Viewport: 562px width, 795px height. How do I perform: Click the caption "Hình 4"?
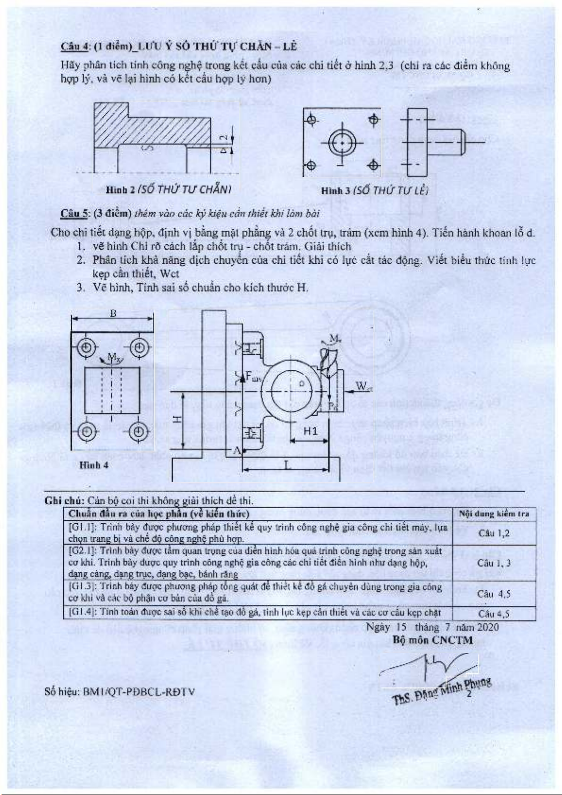[94, 465]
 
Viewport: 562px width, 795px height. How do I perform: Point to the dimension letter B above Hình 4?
[113, 314]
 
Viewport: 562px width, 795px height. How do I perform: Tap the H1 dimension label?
[310, 431]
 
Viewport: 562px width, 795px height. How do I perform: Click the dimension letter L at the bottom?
[287, 465]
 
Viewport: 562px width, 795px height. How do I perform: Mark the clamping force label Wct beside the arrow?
[363, 386]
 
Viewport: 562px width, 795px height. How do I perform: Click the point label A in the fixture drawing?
[237, 451]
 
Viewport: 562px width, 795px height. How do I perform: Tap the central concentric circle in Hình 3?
[342, 143]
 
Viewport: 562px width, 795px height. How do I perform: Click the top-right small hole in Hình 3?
[373, 119]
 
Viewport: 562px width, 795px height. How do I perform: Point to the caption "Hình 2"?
[119, 190]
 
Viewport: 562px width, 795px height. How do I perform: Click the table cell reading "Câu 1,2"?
[494, 533]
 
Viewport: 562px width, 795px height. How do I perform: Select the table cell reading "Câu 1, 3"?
[494, 563]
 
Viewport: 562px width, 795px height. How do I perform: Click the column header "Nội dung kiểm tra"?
[494, 514]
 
